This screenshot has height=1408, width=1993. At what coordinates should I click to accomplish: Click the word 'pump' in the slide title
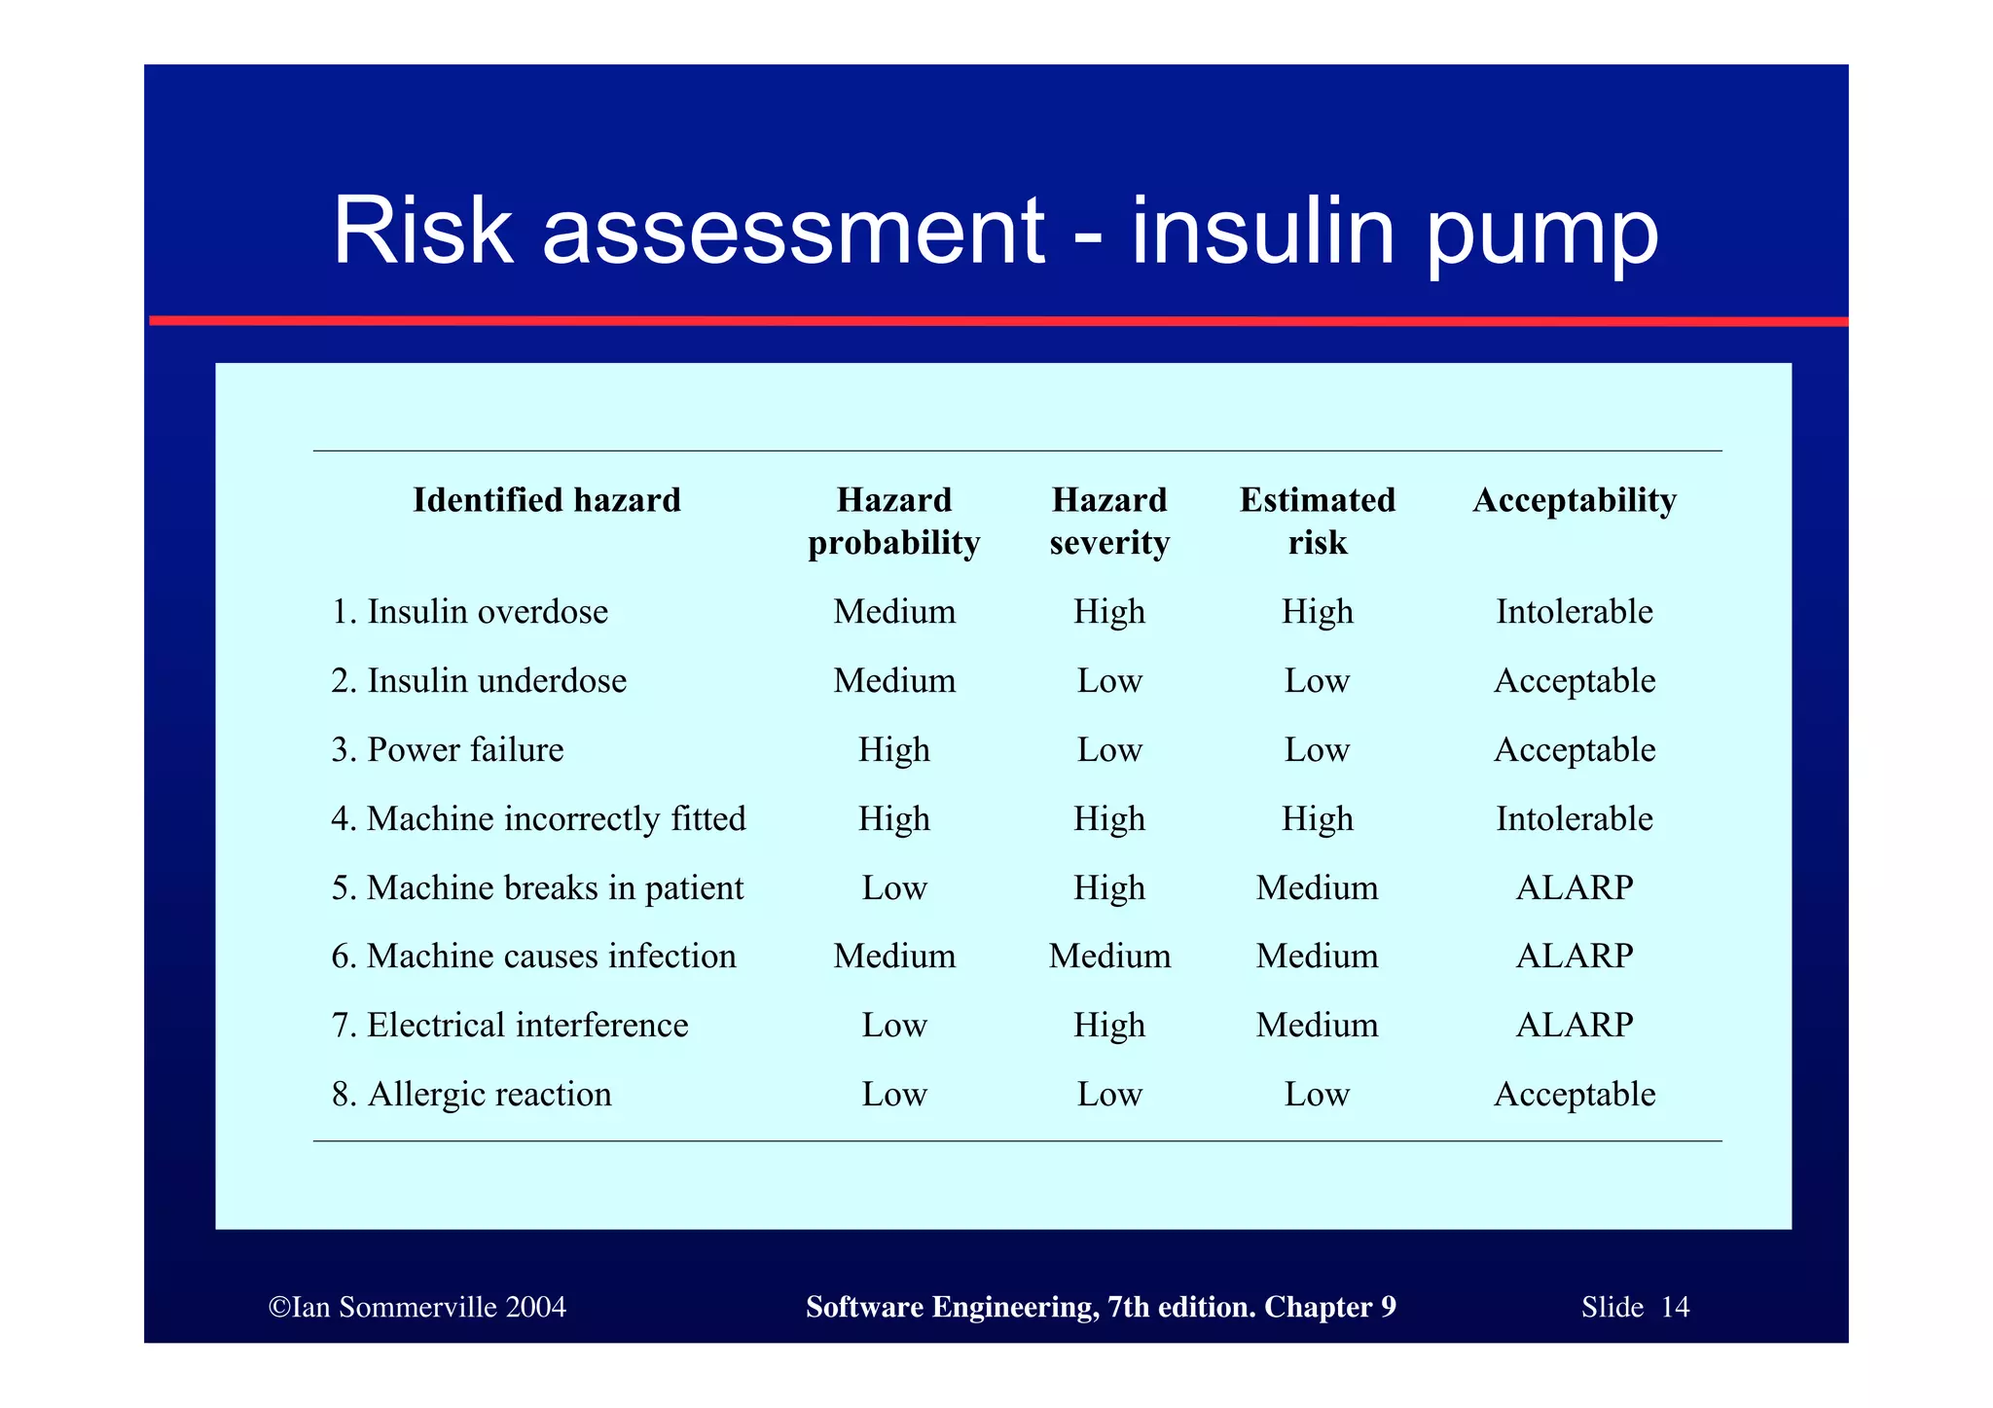tap(1541, 234)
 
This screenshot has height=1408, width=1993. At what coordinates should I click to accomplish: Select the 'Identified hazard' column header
tap(546, 500)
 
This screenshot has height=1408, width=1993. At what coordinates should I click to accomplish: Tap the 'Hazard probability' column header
tap(893, 521)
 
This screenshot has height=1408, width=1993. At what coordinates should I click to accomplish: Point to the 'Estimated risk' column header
tap(1317, 521)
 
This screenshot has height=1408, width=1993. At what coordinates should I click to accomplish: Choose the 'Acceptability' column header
tap(1574, 500)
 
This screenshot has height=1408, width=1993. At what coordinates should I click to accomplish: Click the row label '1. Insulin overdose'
tap(469, 612)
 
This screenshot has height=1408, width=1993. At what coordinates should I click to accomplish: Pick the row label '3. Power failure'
tap(447, 750)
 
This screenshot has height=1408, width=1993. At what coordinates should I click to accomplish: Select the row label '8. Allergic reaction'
tap(471, 1095)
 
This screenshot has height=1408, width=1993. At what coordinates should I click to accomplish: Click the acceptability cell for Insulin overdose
tap(1574, 612)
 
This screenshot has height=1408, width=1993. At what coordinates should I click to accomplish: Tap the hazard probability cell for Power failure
tap(893, 750)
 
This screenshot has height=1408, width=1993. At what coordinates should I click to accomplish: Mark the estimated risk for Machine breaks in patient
tap(1317, 888)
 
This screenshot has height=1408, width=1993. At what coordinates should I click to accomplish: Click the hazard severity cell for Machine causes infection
tap(1109, 957)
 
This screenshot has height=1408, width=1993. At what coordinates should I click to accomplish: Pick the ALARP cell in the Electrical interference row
tap(1574, 1026)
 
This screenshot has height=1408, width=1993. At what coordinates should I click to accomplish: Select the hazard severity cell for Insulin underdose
tap(1109, 681)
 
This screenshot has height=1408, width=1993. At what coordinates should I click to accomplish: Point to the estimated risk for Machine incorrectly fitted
tap(1317, 819)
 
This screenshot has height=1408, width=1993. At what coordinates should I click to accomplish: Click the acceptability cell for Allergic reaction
tap(1574, 1095)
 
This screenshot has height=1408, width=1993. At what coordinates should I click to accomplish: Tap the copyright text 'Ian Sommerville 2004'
tap(418, 1307)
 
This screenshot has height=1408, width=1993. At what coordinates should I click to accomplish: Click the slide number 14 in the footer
tap(1675, 1307)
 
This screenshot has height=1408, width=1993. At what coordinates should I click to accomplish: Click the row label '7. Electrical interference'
tap(509, 1026)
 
